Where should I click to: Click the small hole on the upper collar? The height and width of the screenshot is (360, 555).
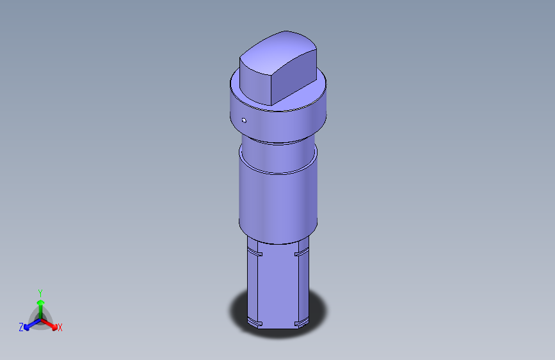(x=244, y=120)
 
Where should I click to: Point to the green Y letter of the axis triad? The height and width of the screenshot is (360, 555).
(x=40, y=292)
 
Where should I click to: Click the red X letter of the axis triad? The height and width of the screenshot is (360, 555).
(x=60, y=328)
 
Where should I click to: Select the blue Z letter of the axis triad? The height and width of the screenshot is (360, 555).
(x=20, y=327)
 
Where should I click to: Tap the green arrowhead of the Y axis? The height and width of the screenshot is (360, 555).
(x=40, y=303)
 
